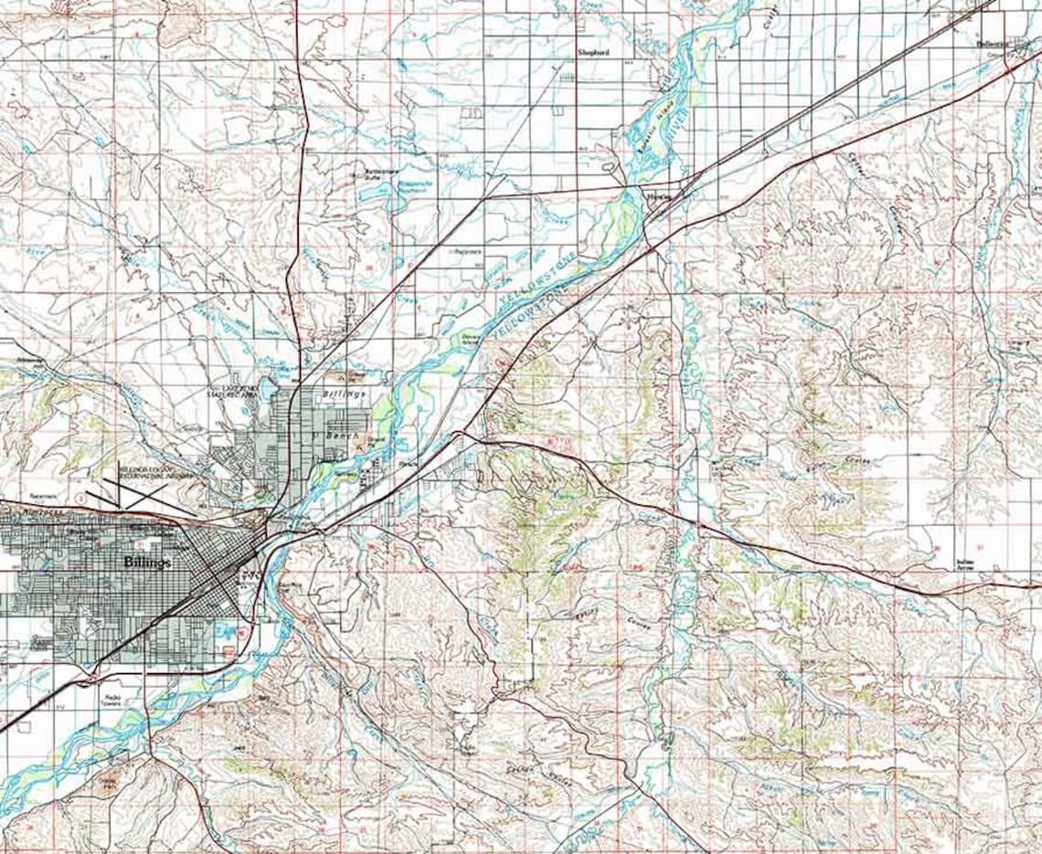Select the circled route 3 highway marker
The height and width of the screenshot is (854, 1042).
(x=80, y=499)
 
